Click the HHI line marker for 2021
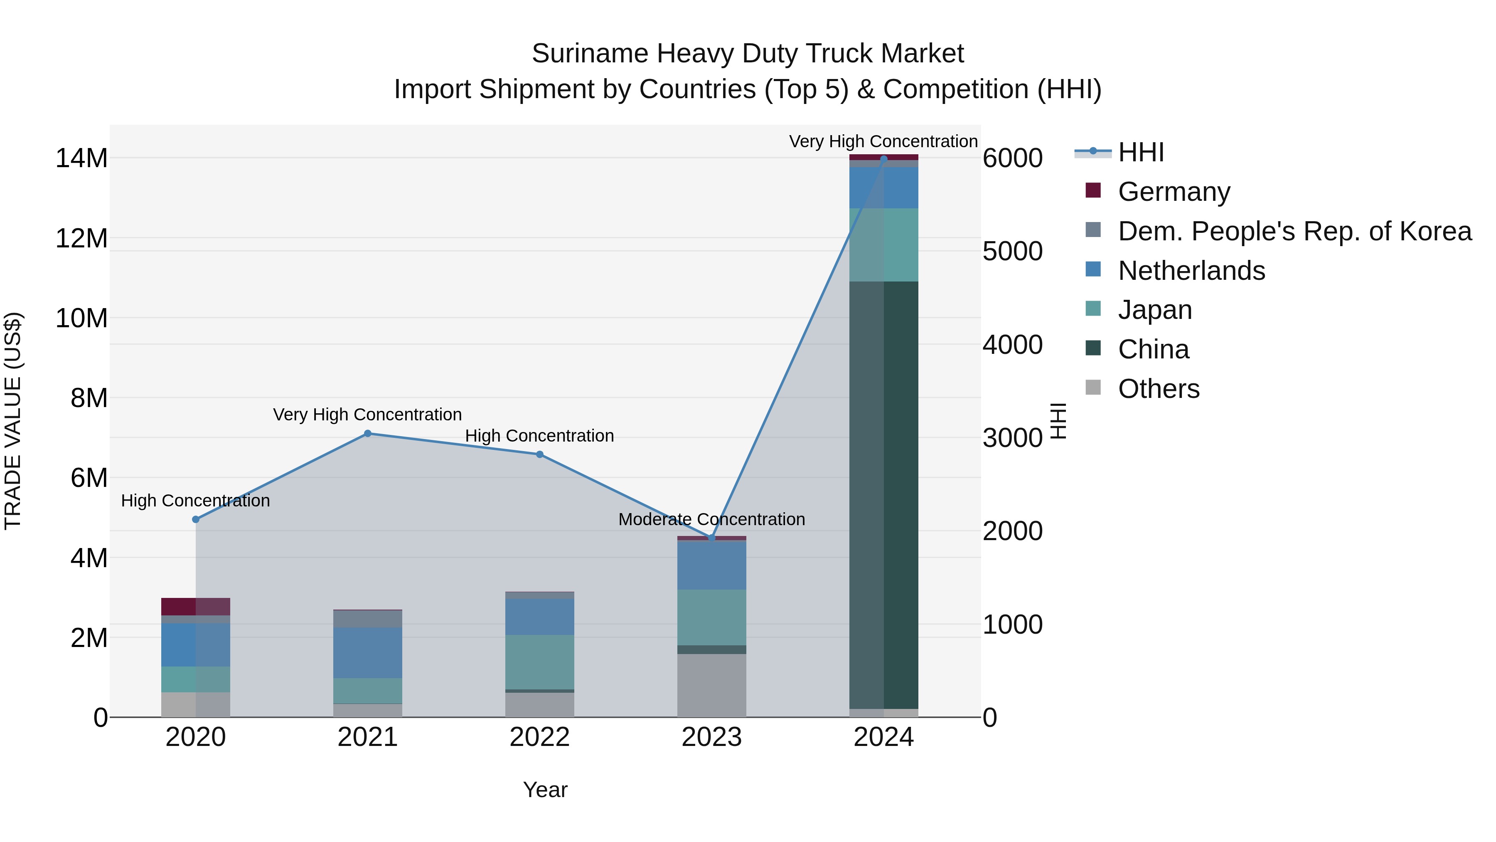[368, 434]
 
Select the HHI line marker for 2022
[539, 454]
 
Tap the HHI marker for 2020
[196, 519]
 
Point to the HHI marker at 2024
[884, 159]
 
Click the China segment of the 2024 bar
[884, 494]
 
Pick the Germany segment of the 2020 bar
[196, 607]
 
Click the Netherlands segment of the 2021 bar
[368, 652]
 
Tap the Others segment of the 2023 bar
[711, 686]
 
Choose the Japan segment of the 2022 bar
[539, 662]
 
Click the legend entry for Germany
[1173, 192]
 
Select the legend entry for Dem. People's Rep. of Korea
[1294, 231]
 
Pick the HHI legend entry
[1140, 152]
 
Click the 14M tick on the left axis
[81, 158]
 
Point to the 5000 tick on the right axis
[1012, 252]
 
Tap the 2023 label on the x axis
[711, 737]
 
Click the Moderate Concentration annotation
[711, 519]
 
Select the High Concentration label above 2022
[539, 436]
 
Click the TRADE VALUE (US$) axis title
[13, 421]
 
